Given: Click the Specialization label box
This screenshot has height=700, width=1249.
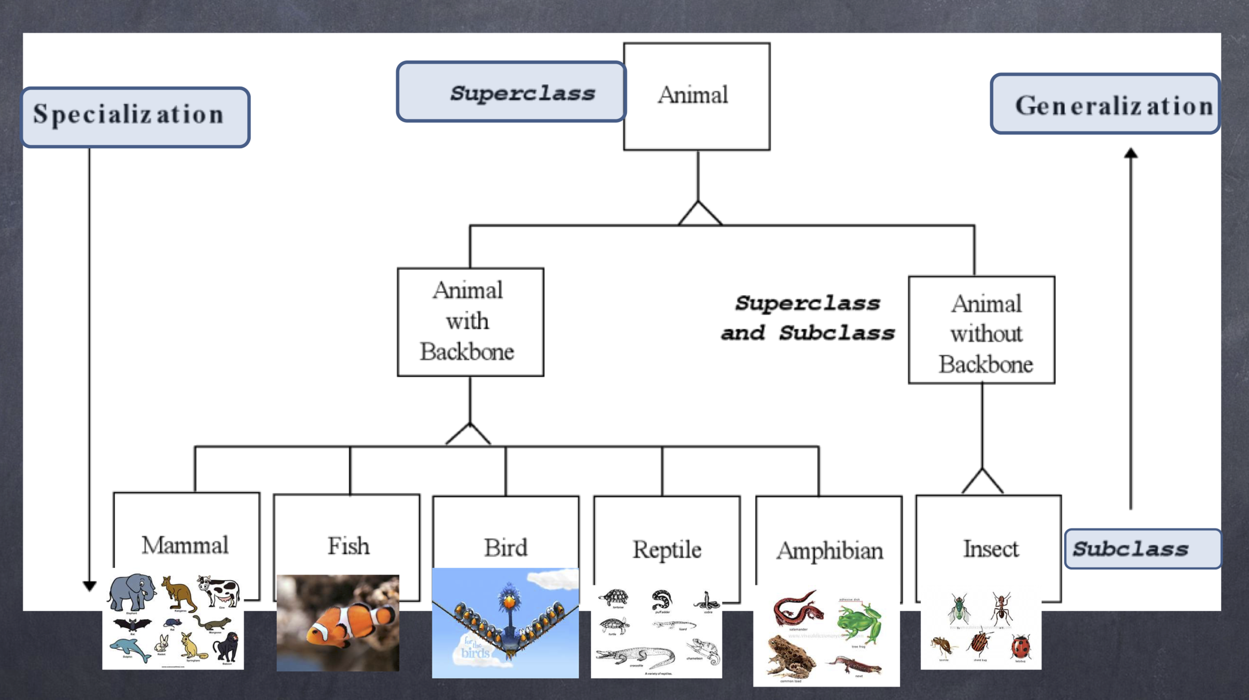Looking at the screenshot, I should [136, 117].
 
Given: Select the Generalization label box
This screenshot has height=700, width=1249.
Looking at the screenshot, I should [1105, 104].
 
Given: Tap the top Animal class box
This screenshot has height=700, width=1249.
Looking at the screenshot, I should [697, 96].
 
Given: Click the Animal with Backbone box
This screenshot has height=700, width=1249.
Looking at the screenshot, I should [470, 321].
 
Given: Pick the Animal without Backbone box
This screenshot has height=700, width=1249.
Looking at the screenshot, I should [981, 330].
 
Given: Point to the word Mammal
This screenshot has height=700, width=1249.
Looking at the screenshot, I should [185, 545].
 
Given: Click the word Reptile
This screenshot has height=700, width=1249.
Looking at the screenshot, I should [667, 549].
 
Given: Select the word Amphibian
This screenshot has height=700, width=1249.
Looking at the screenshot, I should [829, 550].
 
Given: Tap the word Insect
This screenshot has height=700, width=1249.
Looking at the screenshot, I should [991, 549].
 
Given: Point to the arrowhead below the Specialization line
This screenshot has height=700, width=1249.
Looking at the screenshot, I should [89, 586].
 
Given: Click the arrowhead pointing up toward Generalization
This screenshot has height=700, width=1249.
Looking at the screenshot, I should [1131, 153].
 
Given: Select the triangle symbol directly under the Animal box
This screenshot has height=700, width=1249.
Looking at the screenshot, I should [699, 213].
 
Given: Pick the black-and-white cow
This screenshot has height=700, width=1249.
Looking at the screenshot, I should [220, 591].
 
